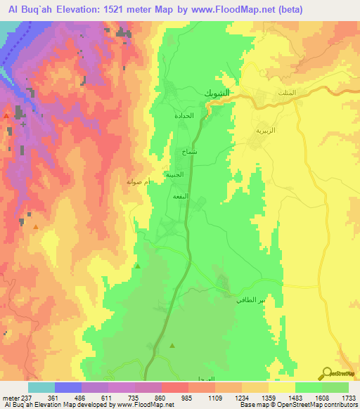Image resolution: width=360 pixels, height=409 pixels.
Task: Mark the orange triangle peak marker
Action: tap(36, 227)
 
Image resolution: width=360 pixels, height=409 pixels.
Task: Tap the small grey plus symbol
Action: tap(23, 124)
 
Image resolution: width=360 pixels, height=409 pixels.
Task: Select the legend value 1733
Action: tap(349, 397)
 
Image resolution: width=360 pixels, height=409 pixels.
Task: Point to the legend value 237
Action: tap(26, 397)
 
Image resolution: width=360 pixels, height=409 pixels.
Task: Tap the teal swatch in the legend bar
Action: tap(41, 387)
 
